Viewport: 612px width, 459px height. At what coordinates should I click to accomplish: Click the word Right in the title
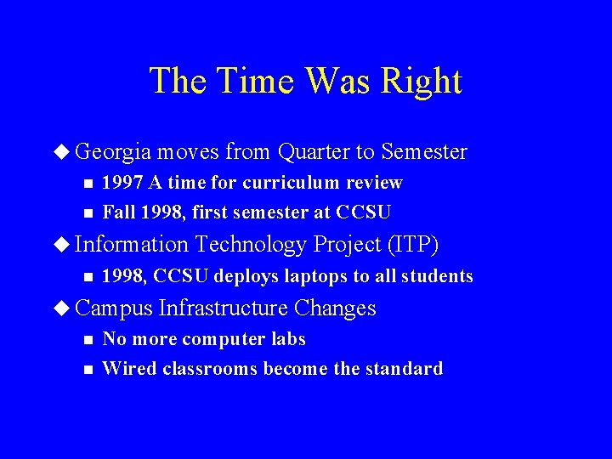pos(422,81)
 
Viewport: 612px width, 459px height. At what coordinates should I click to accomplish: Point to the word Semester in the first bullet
pos(424,152)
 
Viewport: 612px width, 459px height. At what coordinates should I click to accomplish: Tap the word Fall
pos(118,212)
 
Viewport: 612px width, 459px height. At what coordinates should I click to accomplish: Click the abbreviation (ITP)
pos(412,245)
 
